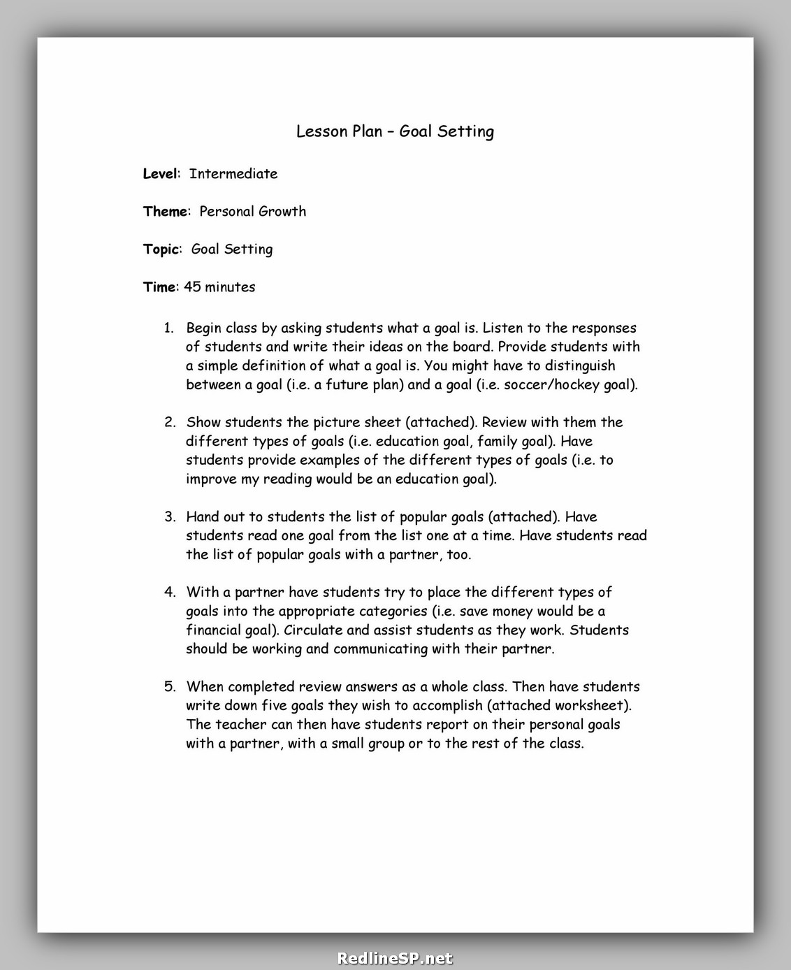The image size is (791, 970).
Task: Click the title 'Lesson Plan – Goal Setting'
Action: coord(395,131)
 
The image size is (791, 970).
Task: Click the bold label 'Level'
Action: coord(160,174)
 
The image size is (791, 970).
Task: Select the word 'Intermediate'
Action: coord(233,174)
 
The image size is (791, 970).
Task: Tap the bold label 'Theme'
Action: coord(166,212)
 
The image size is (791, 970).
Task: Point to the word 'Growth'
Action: coord(282,212)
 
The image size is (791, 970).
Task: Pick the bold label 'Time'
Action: coord(159,287)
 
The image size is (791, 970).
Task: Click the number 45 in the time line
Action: coord(192,287)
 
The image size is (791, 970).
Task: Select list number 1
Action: coord(168,328)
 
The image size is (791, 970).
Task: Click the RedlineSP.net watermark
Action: coord(395,958)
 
